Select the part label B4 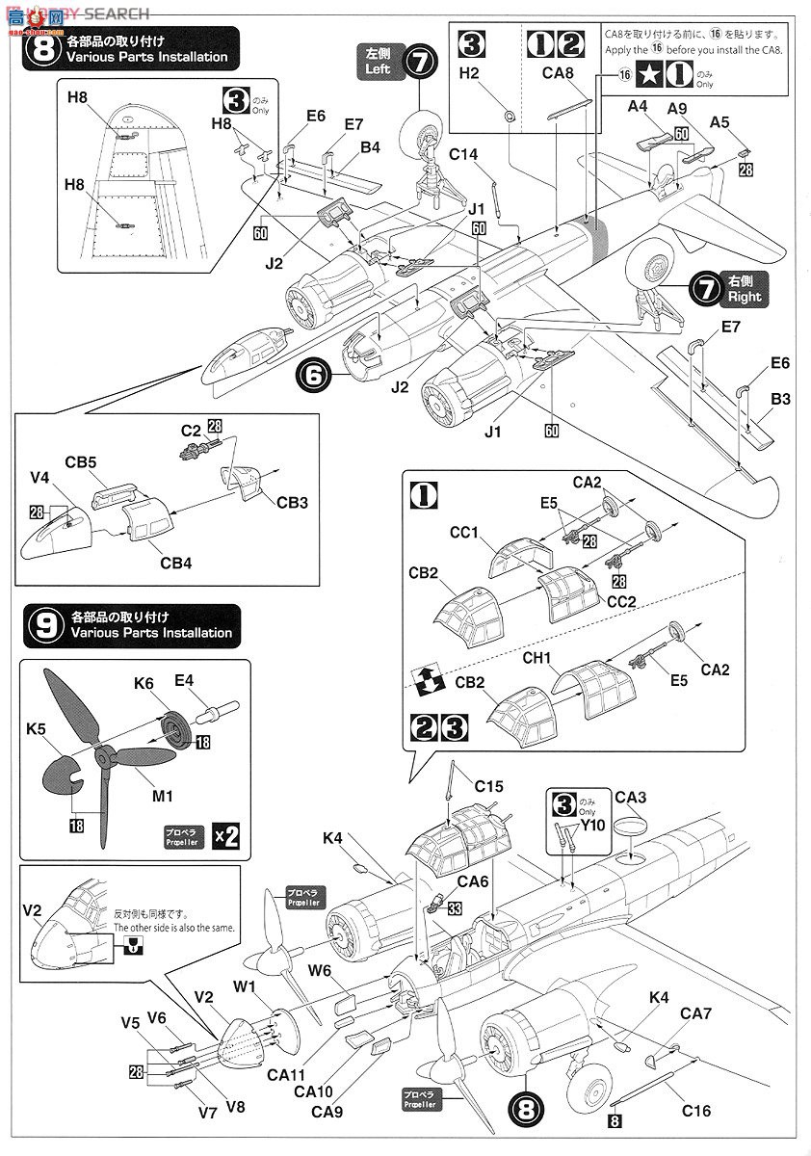pyautogui.click(x=371, y=146)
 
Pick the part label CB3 pyautogui.click(x=294, y=501)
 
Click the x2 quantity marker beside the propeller pyautogui.click(x=223, y=835)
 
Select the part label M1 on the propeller pyautogui.click(x=162, y=795)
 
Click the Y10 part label pyautogui.click(x=592, y=825)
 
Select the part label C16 pyautogui.click(x=695, y=1111)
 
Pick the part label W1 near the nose pyautogui.click(x=243, y=986)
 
